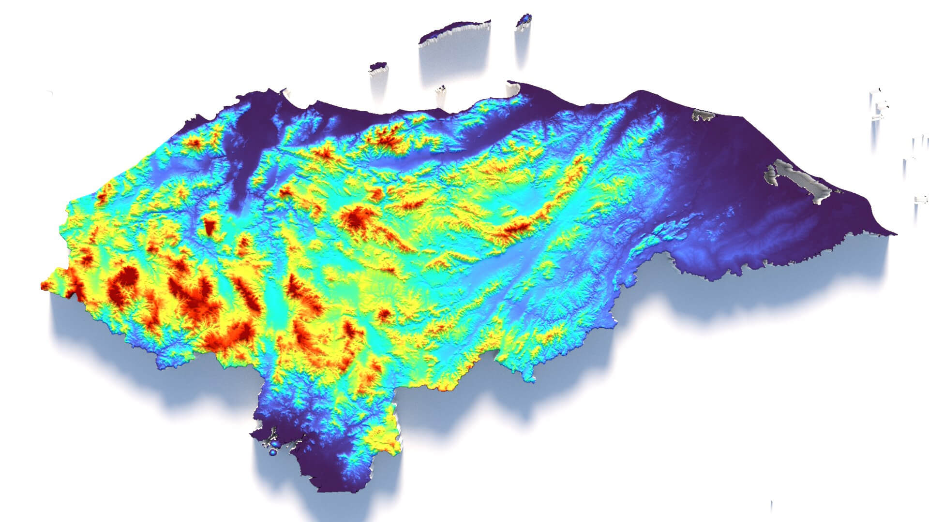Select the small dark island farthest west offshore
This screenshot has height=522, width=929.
pos(378,66)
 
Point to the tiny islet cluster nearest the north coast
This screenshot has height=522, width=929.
pos(440,90)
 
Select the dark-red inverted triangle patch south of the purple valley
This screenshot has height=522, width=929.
pos(210,226)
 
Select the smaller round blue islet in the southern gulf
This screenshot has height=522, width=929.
pos(272,453)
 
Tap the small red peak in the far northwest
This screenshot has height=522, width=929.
pos(196,143)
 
